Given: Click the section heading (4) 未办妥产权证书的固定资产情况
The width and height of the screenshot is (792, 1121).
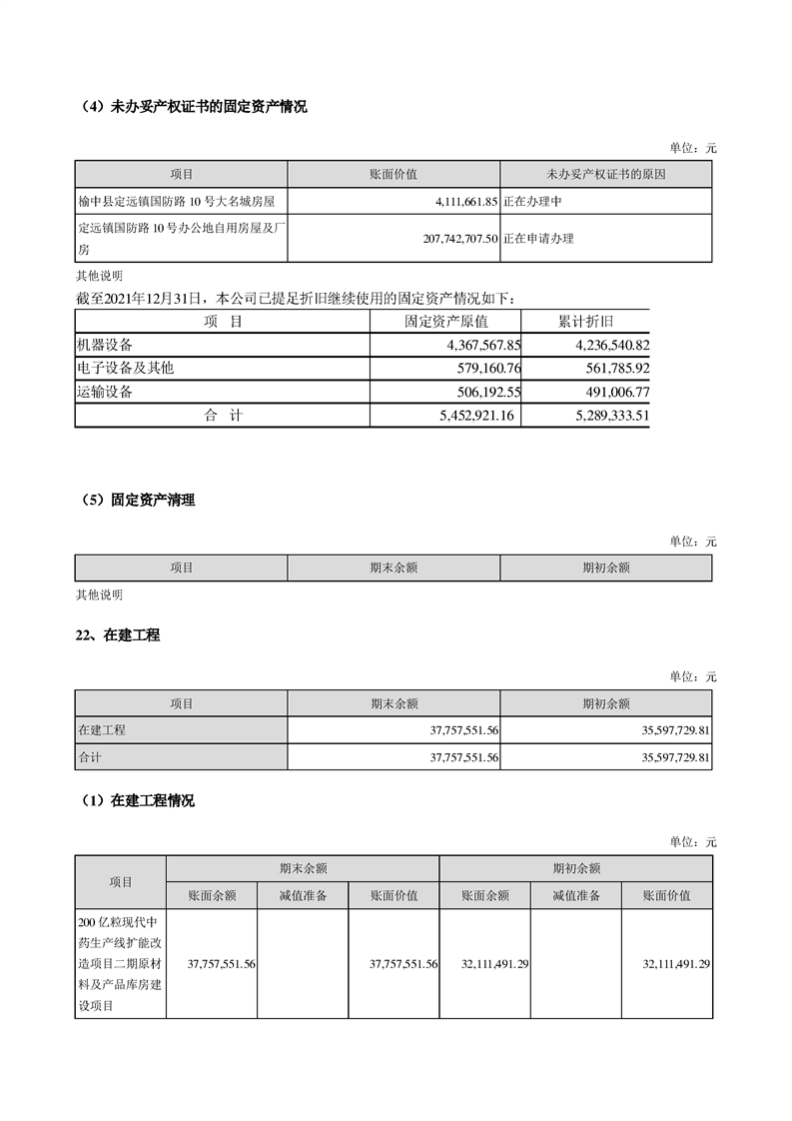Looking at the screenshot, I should [192, 107].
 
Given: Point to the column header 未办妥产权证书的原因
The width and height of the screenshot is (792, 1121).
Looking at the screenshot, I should [605, 174].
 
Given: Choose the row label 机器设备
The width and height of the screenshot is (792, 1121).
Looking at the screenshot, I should [105, 345].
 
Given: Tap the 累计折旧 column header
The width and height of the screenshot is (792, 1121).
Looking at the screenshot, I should [585, 322].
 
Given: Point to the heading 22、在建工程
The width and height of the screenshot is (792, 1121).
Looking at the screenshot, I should [118, 635].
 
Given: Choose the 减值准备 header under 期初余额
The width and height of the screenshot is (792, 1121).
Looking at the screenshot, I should [575, 896].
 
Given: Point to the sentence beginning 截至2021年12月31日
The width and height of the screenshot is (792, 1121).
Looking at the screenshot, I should [296, 298].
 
